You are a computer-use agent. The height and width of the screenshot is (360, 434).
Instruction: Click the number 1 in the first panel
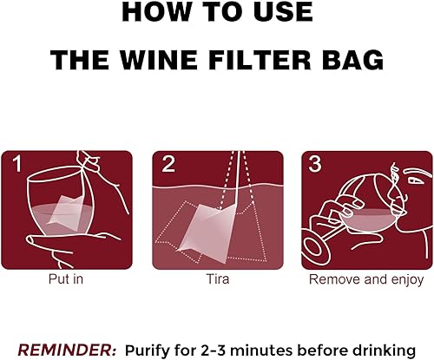(17, 164)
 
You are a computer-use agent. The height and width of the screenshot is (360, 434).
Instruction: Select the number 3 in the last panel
(315, 164)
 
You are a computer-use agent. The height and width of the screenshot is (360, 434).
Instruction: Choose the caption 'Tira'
(217, 280)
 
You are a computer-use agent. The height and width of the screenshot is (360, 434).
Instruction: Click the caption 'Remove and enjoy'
(365, 280)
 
